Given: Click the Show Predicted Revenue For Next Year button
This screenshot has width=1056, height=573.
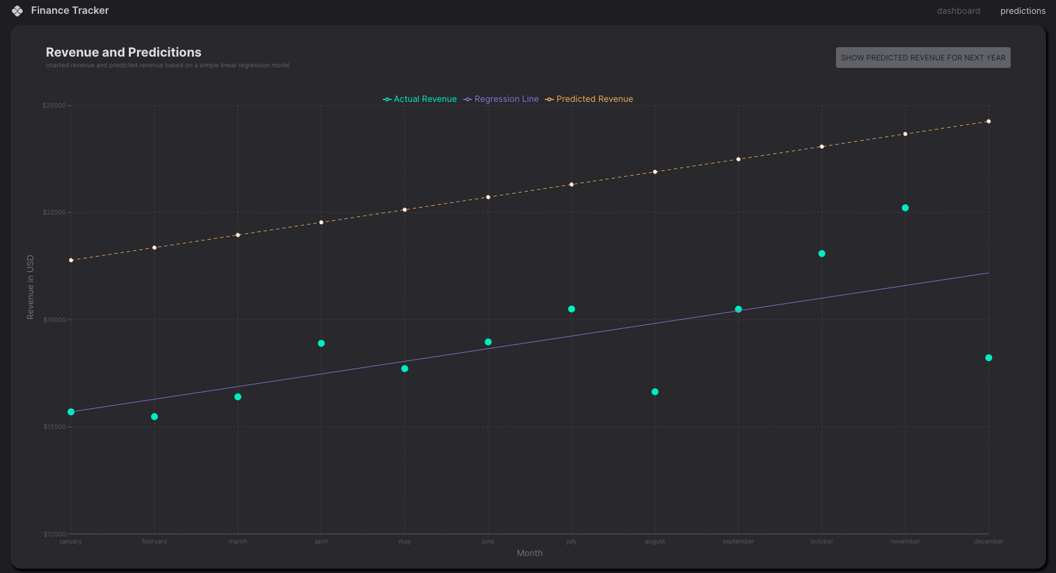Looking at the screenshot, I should pyautogui.click(x=923, y=58).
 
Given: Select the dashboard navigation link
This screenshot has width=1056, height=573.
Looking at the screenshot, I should pyautogui.click(x=958, y=11).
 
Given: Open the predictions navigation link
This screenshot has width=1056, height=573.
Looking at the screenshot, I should pyautogui.click(x=1023, y=11).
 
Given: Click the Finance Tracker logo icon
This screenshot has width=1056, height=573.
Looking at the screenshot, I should pyautogui.click(x=17, y=11).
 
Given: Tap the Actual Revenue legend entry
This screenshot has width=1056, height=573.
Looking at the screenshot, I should pyautogui.click(x=420, y=99).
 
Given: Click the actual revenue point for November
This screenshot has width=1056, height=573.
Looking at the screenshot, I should pyautogui.click(x=905, y=208).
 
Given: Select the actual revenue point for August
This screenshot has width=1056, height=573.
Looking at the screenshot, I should pyautogui.click(x=655, y=392).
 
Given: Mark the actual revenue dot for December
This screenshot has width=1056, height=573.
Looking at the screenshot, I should pyautogui.click(x=989, y=358).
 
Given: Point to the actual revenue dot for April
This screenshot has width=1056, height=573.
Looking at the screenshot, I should pyautogui.click(x=321, y=343).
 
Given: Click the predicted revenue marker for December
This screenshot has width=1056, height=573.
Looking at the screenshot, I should pyautogui.click(x=989, y=121).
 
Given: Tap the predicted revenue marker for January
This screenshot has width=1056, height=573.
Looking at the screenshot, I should pyautogui.click(x=71, y=260).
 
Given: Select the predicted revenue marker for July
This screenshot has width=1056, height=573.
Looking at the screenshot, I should pyautogui.click(x=571, y=184).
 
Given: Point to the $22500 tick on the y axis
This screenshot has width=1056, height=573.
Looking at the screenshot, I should pyautogui.click(x=54, y=213).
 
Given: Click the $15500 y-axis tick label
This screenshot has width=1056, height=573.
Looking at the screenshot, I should pyautogui.click(x=54, y=427).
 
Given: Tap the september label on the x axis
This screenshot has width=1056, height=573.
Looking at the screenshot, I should pyautogui.click(x=738, y=542).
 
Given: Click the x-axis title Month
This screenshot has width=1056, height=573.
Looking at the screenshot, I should pyautogui.click(x=529, y=554).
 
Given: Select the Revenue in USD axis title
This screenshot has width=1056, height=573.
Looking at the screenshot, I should pyautogui.click(x=30, y=287).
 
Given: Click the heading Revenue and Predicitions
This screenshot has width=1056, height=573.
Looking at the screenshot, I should pyautogui.click(x=124, y=52).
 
